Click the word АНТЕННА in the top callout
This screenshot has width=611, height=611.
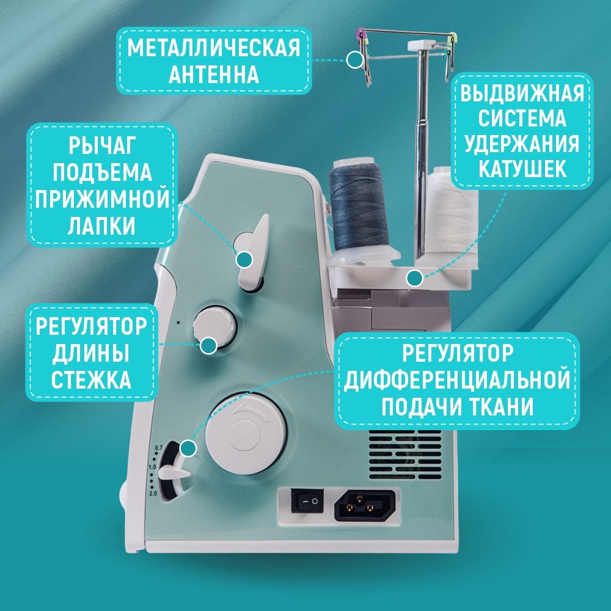(x=214, y=74)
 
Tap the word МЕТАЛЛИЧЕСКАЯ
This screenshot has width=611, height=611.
(x=214, y=48)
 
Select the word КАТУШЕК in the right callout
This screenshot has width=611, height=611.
(x=522, y=169)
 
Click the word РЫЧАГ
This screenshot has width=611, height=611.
(x=103, y=146)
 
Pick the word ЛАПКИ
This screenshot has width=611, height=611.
(x=101, y=225)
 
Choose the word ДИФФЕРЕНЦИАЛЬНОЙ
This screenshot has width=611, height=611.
(x=457, y=380)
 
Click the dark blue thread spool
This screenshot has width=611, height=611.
(x=358, y=207)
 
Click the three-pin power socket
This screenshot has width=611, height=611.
(x=365, y=505)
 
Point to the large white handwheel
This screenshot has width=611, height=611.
(x=246, y=434)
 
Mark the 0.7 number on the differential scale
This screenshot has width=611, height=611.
(x=158, y=447)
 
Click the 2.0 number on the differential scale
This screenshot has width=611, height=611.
(x=153, y=493)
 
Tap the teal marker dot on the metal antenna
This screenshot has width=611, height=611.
(x=355, y=60)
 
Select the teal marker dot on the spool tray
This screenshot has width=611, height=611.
(x=414, y=278)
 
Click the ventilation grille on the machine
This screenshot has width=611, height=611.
(x=405, y=455)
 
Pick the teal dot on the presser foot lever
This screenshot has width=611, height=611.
(x=244, y=260)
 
